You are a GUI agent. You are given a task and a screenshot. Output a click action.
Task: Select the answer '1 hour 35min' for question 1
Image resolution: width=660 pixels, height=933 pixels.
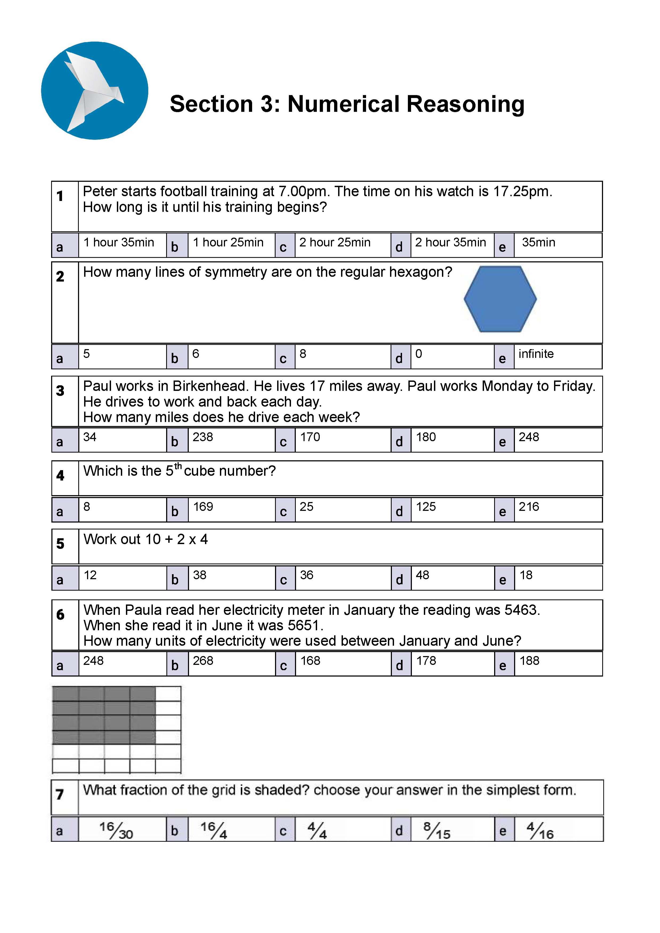tap(119, 243)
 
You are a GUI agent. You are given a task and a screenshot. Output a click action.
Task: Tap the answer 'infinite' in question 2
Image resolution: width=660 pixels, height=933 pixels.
tap(536, 354)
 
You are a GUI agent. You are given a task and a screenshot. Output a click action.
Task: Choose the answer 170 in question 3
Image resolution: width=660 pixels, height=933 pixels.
tap(310, 437)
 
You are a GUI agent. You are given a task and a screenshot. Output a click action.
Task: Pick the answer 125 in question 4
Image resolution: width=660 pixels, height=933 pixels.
tap(425, 507)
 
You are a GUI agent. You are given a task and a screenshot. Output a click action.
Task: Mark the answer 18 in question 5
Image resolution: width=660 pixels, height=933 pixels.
tap(526, 575)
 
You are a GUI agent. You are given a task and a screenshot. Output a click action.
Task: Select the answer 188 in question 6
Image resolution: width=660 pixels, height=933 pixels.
tap(529, 661)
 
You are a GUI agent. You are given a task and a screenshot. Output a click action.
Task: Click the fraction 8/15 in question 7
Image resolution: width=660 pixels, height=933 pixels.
tap(437, 830)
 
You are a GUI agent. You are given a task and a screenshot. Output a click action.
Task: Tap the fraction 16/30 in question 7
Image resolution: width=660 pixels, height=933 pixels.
tap(116, 830)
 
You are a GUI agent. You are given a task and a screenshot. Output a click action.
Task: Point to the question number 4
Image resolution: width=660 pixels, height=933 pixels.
tap(60, 475)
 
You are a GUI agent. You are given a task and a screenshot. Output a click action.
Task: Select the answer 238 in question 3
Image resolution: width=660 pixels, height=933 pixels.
tap(203, 437)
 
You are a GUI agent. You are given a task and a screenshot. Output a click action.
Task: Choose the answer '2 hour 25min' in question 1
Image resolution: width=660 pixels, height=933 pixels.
tap(335, 243)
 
